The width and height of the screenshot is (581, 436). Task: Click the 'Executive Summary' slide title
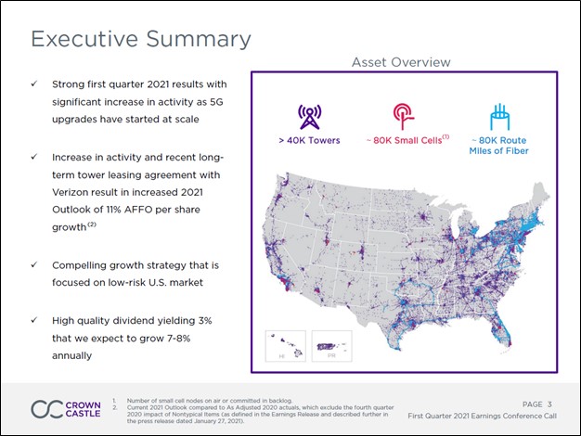click(x=141, y=39)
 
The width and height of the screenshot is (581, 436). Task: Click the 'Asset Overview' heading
click(x=401, y=62)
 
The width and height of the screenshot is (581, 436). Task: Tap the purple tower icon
click(x=308, y=115)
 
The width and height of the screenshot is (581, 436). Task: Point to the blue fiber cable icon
click(x=497, y=114)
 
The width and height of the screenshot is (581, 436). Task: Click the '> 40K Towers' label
click(x=309, y=140)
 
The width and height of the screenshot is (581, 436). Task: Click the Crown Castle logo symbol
click(x=47, y=409)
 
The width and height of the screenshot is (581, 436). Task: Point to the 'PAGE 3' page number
click(x=537, y=404)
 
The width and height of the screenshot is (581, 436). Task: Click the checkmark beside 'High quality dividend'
click(x=33, y=320)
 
